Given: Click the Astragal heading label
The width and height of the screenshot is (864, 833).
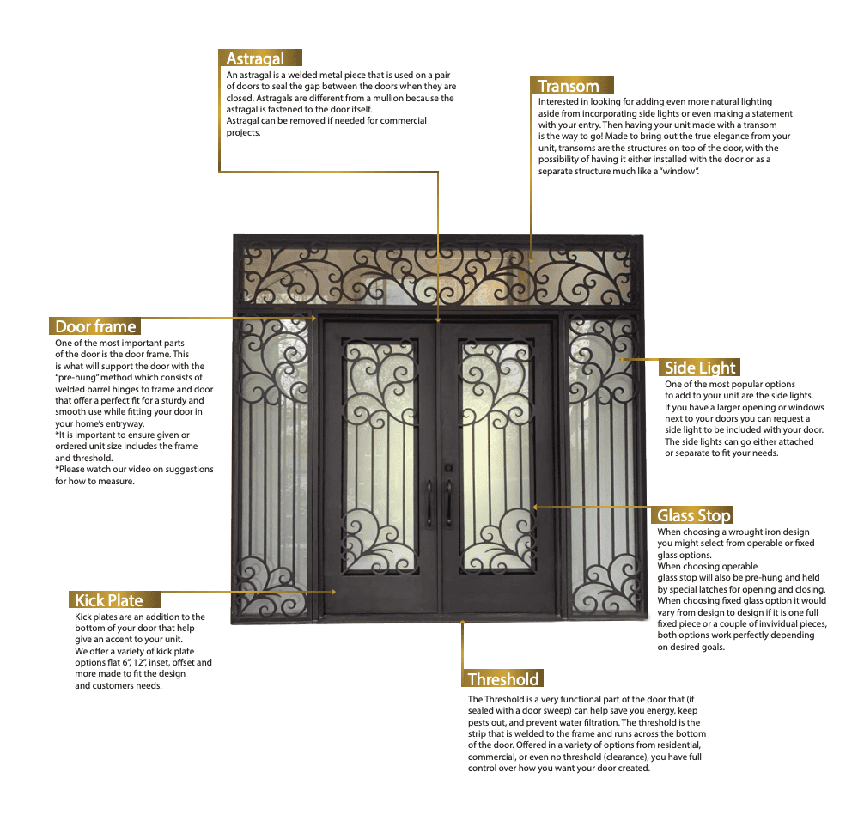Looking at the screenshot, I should (x=255, y=58).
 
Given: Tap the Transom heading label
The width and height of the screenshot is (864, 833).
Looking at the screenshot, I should (x=569, y=86).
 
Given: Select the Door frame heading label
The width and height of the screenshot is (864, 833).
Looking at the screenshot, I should (x=95, y=326).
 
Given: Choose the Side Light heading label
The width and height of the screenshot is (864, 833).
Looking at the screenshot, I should (x=701, y=368).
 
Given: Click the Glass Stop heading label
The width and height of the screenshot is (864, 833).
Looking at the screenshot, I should (x=694, y=515).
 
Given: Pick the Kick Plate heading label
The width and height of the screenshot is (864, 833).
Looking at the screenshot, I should (x=108, y=600).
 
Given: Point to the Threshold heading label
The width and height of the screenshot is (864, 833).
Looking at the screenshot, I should (x=503, y=679).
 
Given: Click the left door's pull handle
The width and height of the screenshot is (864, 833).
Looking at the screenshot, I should (x=429, y=502).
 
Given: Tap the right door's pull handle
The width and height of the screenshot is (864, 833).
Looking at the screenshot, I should (x=448, y=502).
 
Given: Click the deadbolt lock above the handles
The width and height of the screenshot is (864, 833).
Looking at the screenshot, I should (x=447, y=468).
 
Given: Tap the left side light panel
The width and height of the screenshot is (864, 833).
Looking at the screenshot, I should (x=273, y=464).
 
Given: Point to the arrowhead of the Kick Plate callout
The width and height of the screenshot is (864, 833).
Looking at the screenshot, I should (x=333, y=592).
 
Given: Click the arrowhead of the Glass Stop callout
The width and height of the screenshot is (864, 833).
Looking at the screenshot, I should (x=534, y=507).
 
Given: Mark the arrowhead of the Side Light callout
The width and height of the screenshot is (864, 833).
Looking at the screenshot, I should (x=620, y=359).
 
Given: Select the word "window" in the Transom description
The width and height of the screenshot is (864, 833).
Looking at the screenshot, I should (x=678, y=172).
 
